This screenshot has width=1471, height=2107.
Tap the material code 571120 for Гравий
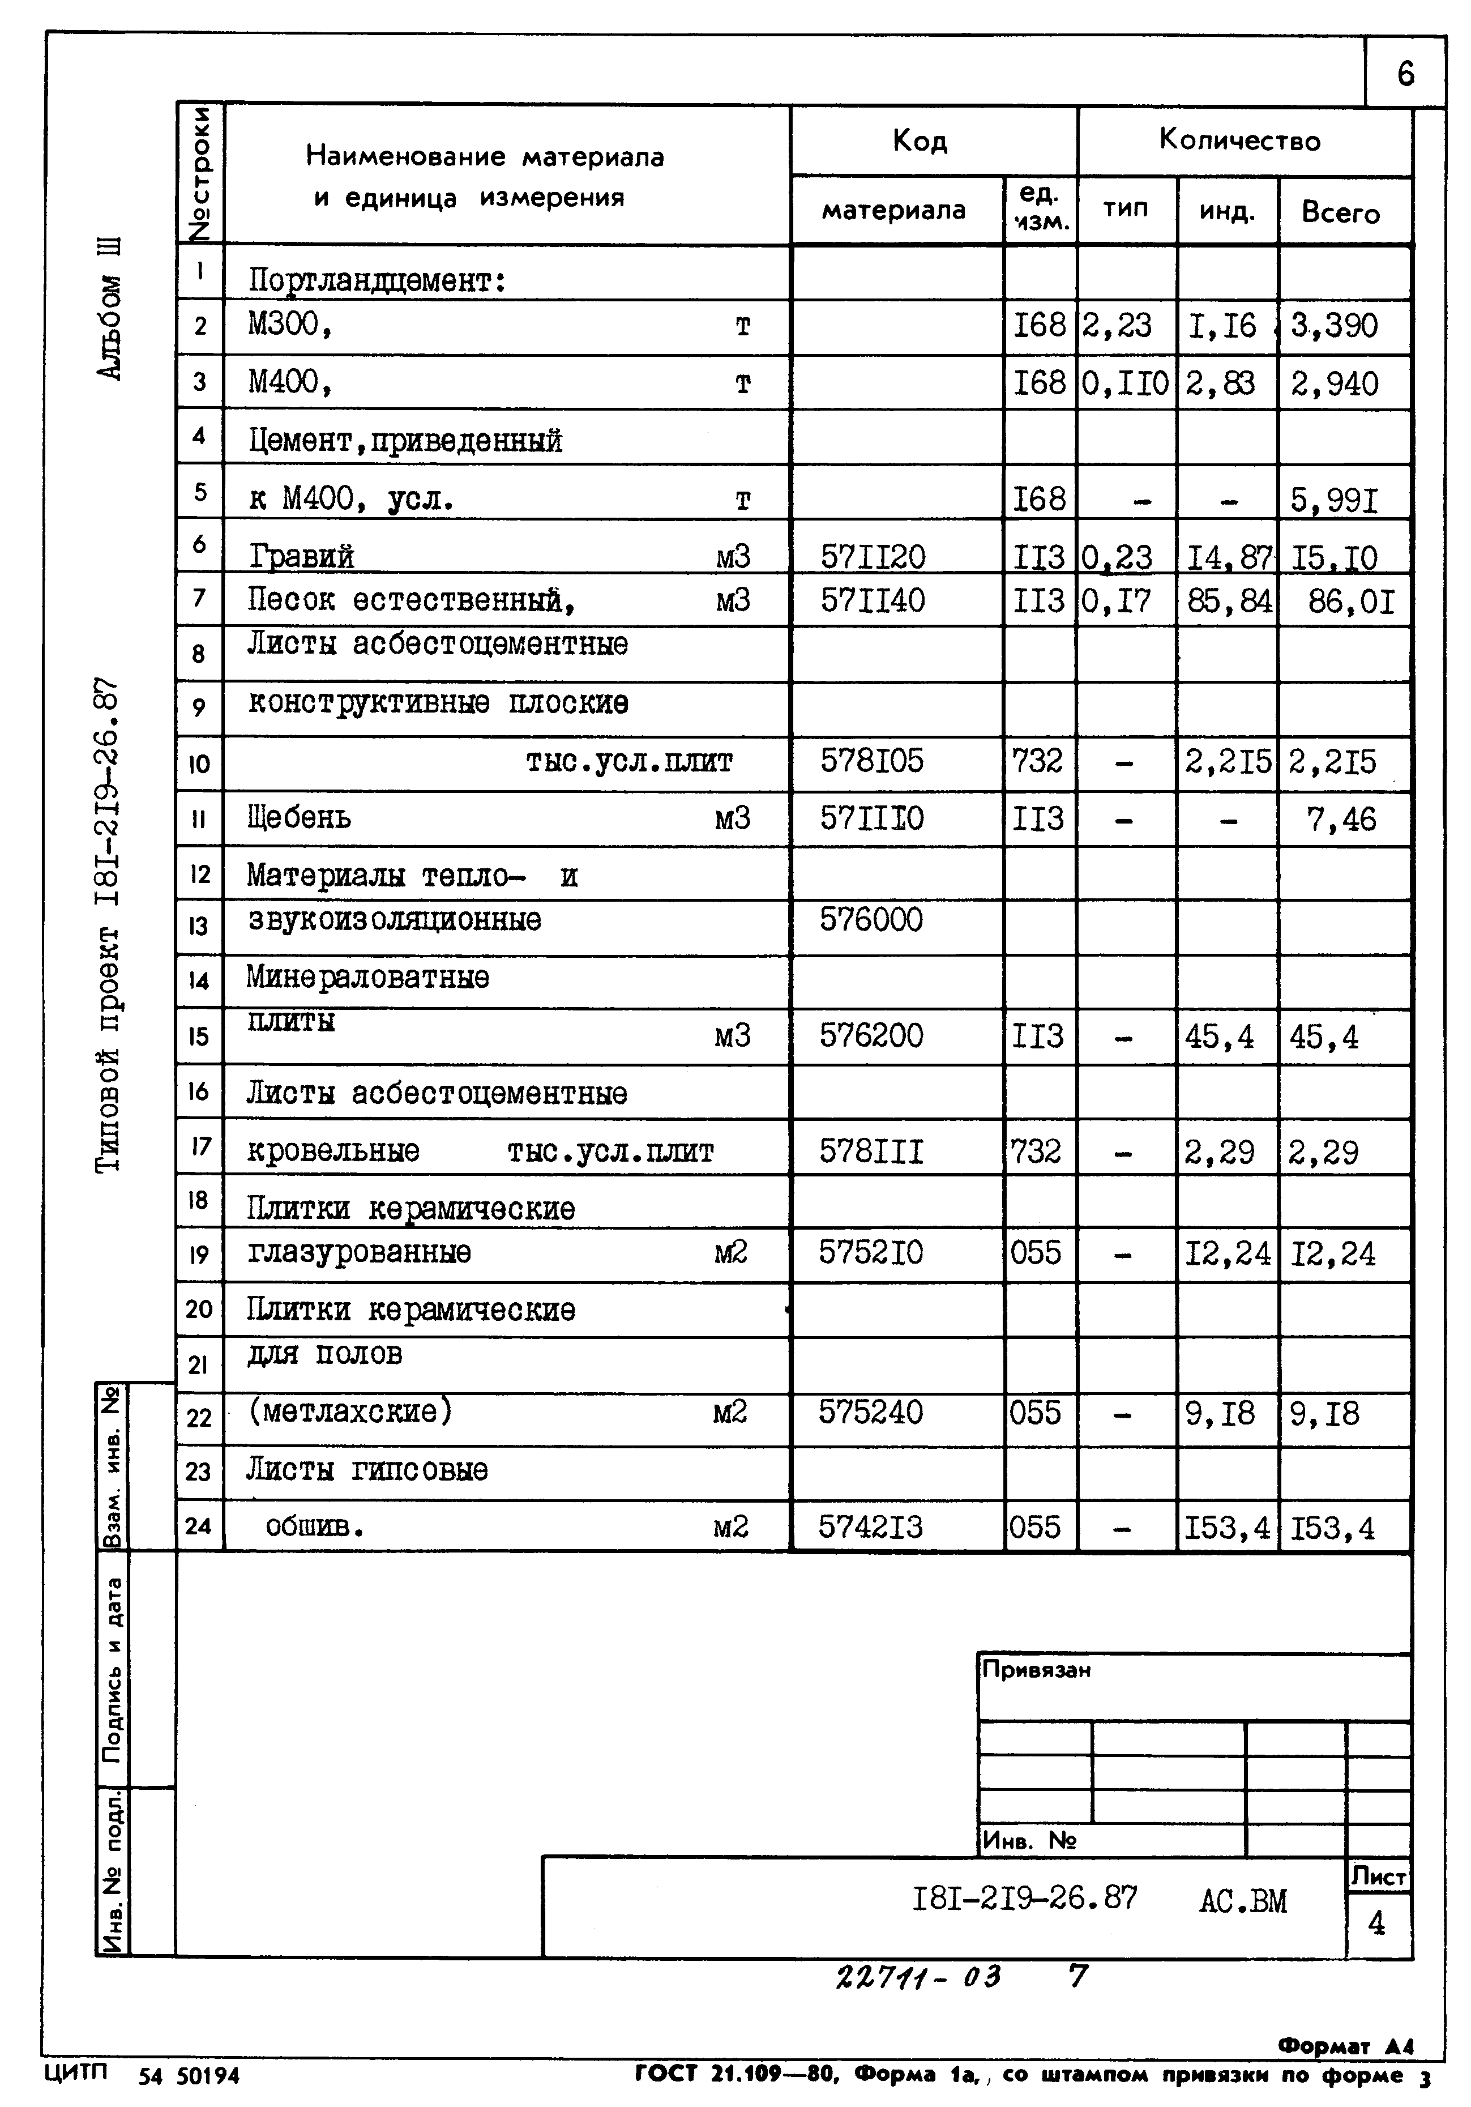(x=873, y=556)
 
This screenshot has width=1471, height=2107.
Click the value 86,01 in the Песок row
(x=1351, y=602)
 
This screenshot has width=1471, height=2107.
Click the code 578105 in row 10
(x=872, y=761)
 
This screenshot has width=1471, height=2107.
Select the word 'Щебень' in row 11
(x=299, y=817)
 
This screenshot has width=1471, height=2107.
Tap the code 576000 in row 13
(x=871, y=919)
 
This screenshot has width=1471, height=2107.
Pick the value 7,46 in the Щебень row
(x=1341, y=818)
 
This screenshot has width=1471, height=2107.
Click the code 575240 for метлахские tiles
(x=871, y=1413)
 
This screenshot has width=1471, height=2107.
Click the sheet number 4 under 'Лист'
(x=1376, y=1923)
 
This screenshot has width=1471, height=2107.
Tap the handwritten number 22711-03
(x=918, y=1977)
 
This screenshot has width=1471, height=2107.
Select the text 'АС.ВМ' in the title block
(x=1242, y=1900)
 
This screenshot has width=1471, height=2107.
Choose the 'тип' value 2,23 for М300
(x=1116, y=325)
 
